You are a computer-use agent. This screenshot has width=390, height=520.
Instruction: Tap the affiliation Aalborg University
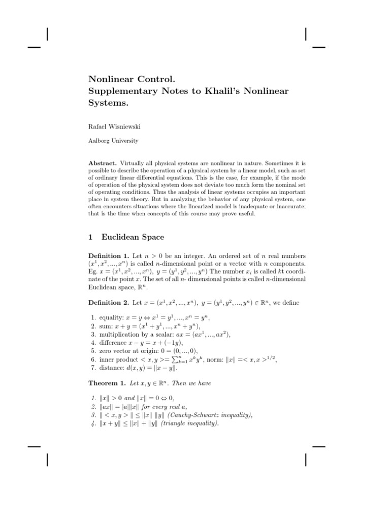(x=113, y=140)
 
